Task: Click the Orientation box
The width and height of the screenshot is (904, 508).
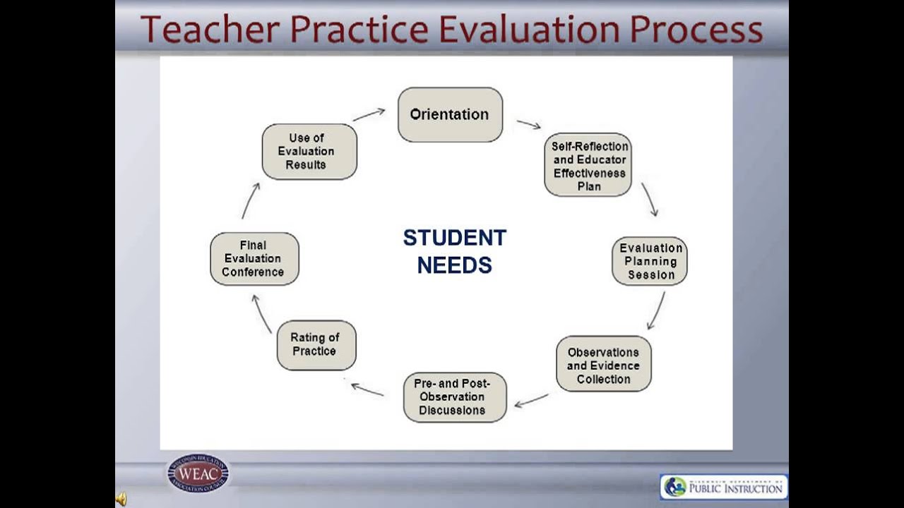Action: (x=450, y=114)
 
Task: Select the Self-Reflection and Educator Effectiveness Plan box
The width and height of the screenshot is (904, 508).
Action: (x=588, y=165)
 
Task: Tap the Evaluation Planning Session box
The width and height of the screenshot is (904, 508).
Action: (x=649, y=261)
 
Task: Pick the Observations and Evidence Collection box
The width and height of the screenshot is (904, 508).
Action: (x=603, y=365)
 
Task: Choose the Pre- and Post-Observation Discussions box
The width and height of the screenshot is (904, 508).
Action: (x=455, y=397)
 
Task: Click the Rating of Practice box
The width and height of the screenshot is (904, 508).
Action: (x=316, y=344)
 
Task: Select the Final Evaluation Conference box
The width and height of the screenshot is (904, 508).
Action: (x=254, y=258)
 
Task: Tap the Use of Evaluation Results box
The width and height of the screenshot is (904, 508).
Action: (x=309, y=151)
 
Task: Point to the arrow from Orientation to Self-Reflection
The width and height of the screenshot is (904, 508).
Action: (x=528, y=124)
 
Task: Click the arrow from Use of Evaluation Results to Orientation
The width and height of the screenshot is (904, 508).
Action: (x=369, y=114)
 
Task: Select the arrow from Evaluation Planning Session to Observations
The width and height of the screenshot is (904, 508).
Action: (x=656, y=310)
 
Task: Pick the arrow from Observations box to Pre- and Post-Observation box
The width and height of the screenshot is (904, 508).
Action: (x=531, y=400)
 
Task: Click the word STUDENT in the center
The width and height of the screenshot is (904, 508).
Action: (x=454, y=238)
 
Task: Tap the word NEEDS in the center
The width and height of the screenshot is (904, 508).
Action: (x=454, y=266)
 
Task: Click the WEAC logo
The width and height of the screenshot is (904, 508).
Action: (x=198, y=473)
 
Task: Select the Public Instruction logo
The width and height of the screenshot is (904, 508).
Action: (x=723, y=487)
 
